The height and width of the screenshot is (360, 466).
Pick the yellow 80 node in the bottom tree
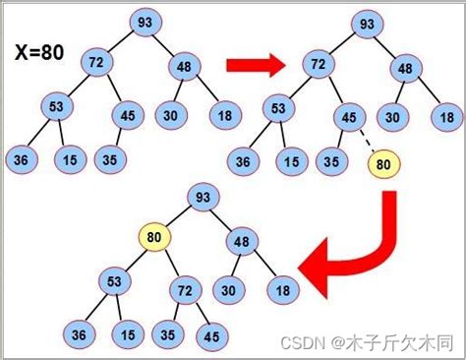tap(152, 237)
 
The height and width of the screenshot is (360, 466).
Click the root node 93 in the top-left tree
tap(145, 22)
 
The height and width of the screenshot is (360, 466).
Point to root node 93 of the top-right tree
tap(367, 23)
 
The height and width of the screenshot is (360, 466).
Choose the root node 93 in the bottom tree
tap(203, 198)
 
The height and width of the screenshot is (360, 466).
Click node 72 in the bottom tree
tap(184, 291)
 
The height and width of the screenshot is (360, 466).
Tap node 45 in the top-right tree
tap(348, 118)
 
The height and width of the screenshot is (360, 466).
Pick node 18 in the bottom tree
tap(285, 289)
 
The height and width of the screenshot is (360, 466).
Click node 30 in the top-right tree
tap(393, 118)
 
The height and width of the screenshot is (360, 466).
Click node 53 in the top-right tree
tap(278, 108)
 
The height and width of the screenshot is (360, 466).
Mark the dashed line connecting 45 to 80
tap(365, 141)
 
